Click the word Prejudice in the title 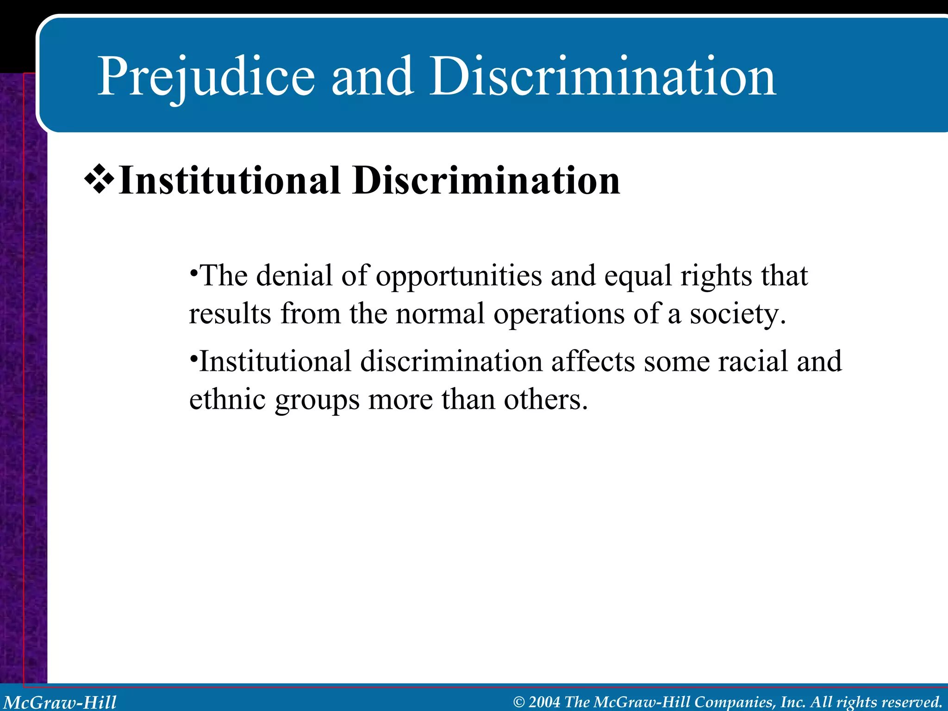pos(206,76)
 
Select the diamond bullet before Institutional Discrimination pos(99,180)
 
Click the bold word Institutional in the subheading pos(230,181)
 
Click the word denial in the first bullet pos(294,276)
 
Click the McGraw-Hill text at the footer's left pos(60,702)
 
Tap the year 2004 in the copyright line pos(544,702)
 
